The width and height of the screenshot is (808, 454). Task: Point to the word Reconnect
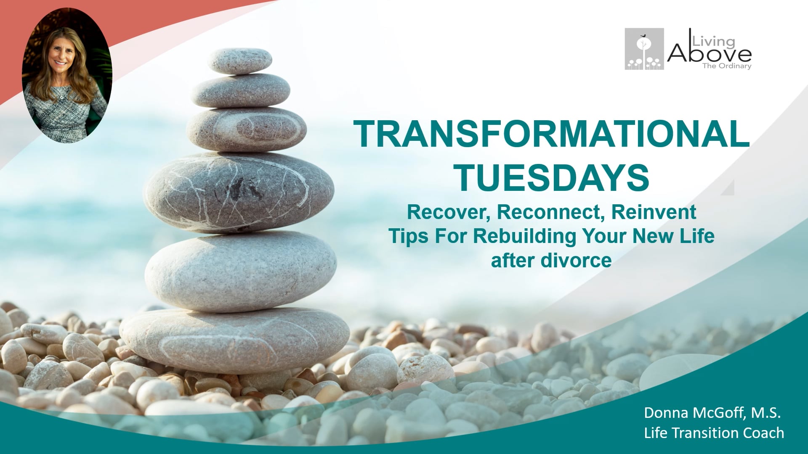551,212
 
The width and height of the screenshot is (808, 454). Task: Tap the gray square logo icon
644,49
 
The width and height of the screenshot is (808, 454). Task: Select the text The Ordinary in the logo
727,66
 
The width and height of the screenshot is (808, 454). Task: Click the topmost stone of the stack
239,60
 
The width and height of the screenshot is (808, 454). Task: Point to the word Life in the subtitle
697,236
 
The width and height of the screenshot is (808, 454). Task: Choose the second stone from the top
241,90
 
